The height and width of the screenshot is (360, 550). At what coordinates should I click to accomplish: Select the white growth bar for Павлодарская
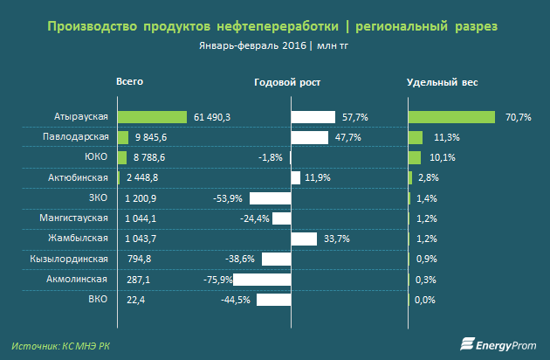(x=309, y=137)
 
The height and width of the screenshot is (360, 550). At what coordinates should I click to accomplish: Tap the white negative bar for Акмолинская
(x=262, y=280)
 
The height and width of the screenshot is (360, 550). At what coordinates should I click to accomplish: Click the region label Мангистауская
(x=74, y=218)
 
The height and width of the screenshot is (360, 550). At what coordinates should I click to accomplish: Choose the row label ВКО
(x=98, y=300)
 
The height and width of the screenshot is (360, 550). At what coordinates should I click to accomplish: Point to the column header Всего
(x=129, y=81)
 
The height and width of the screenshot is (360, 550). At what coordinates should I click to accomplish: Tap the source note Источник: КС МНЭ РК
(x=62, y=345)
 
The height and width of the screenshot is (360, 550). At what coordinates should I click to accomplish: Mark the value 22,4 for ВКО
(x=131, y=300)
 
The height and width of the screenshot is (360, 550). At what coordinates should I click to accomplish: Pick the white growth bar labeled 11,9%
(x=295, y=178)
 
